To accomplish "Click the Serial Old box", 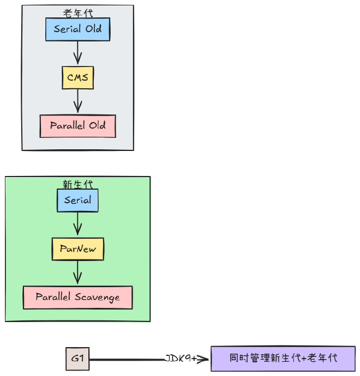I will click(77, 29).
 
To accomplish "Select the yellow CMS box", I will click(77, 78).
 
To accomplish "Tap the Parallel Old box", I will click(77, 126).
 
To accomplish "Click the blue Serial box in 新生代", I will click(77, 200).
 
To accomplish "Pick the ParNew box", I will click(77, 249).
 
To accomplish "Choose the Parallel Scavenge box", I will click(77, 298).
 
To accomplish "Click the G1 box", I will click(77, 359).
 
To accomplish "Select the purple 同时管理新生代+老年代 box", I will click(283, 359).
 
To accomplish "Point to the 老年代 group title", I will click(78, 13).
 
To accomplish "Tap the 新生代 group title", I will click(77, 184).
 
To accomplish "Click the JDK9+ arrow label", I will click(181, 359).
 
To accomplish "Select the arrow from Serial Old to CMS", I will click(77, 53).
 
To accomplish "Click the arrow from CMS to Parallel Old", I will click(77, 101).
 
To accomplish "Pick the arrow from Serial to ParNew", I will click(77, 224).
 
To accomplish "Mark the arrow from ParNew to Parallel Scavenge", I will click(77, 272).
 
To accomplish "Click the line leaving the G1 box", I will click(125, 359).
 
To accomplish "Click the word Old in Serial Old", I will click(93, 29).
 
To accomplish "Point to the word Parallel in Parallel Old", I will click(67, 126).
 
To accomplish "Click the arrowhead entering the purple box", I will click(205, 359).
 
